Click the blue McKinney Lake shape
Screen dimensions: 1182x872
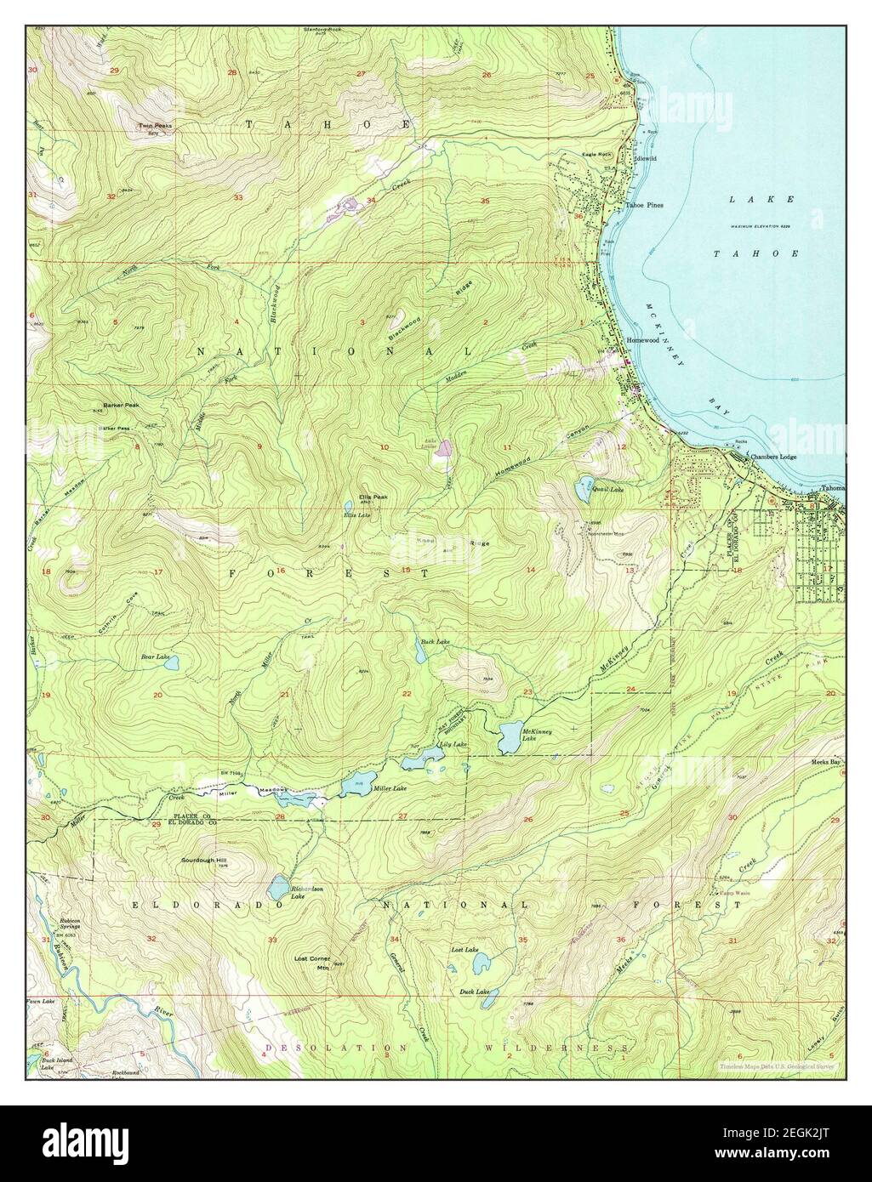coord(514,738)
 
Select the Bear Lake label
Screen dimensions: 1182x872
coord(154,657)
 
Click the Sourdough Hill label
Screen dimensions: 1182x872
coord(204,860)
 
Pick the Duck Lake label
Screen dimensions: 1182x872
coord(474,992)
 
